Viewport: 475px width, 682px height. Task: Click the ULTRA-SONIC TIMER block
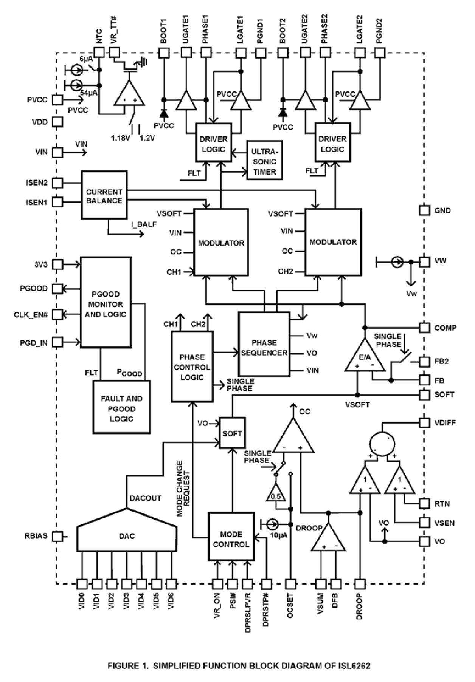pos(264,162)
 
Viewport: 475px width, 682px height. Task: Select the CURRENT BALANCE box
pos(104,195)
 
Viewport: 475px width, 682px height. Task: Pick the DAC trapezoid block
pos(127,536)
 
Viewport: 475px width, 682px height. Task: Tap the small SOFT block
pos(232,433)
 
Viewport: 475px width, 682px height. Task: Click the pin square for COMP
pos(425,328)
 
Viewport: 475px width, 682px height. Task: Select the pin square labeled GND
pos(425,210)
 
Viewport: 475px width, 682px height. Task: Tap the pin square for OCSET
pos(290,584)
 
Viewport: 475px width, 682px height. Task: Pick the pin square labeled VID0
pos(82,584)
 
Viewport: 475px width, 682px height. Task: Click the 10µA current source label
pos(279,535)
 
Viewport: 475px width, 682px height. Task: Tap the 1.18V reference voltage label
pos(120,138)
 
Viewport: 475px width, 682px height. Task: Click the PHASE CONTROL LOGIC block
pos(192,367)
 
